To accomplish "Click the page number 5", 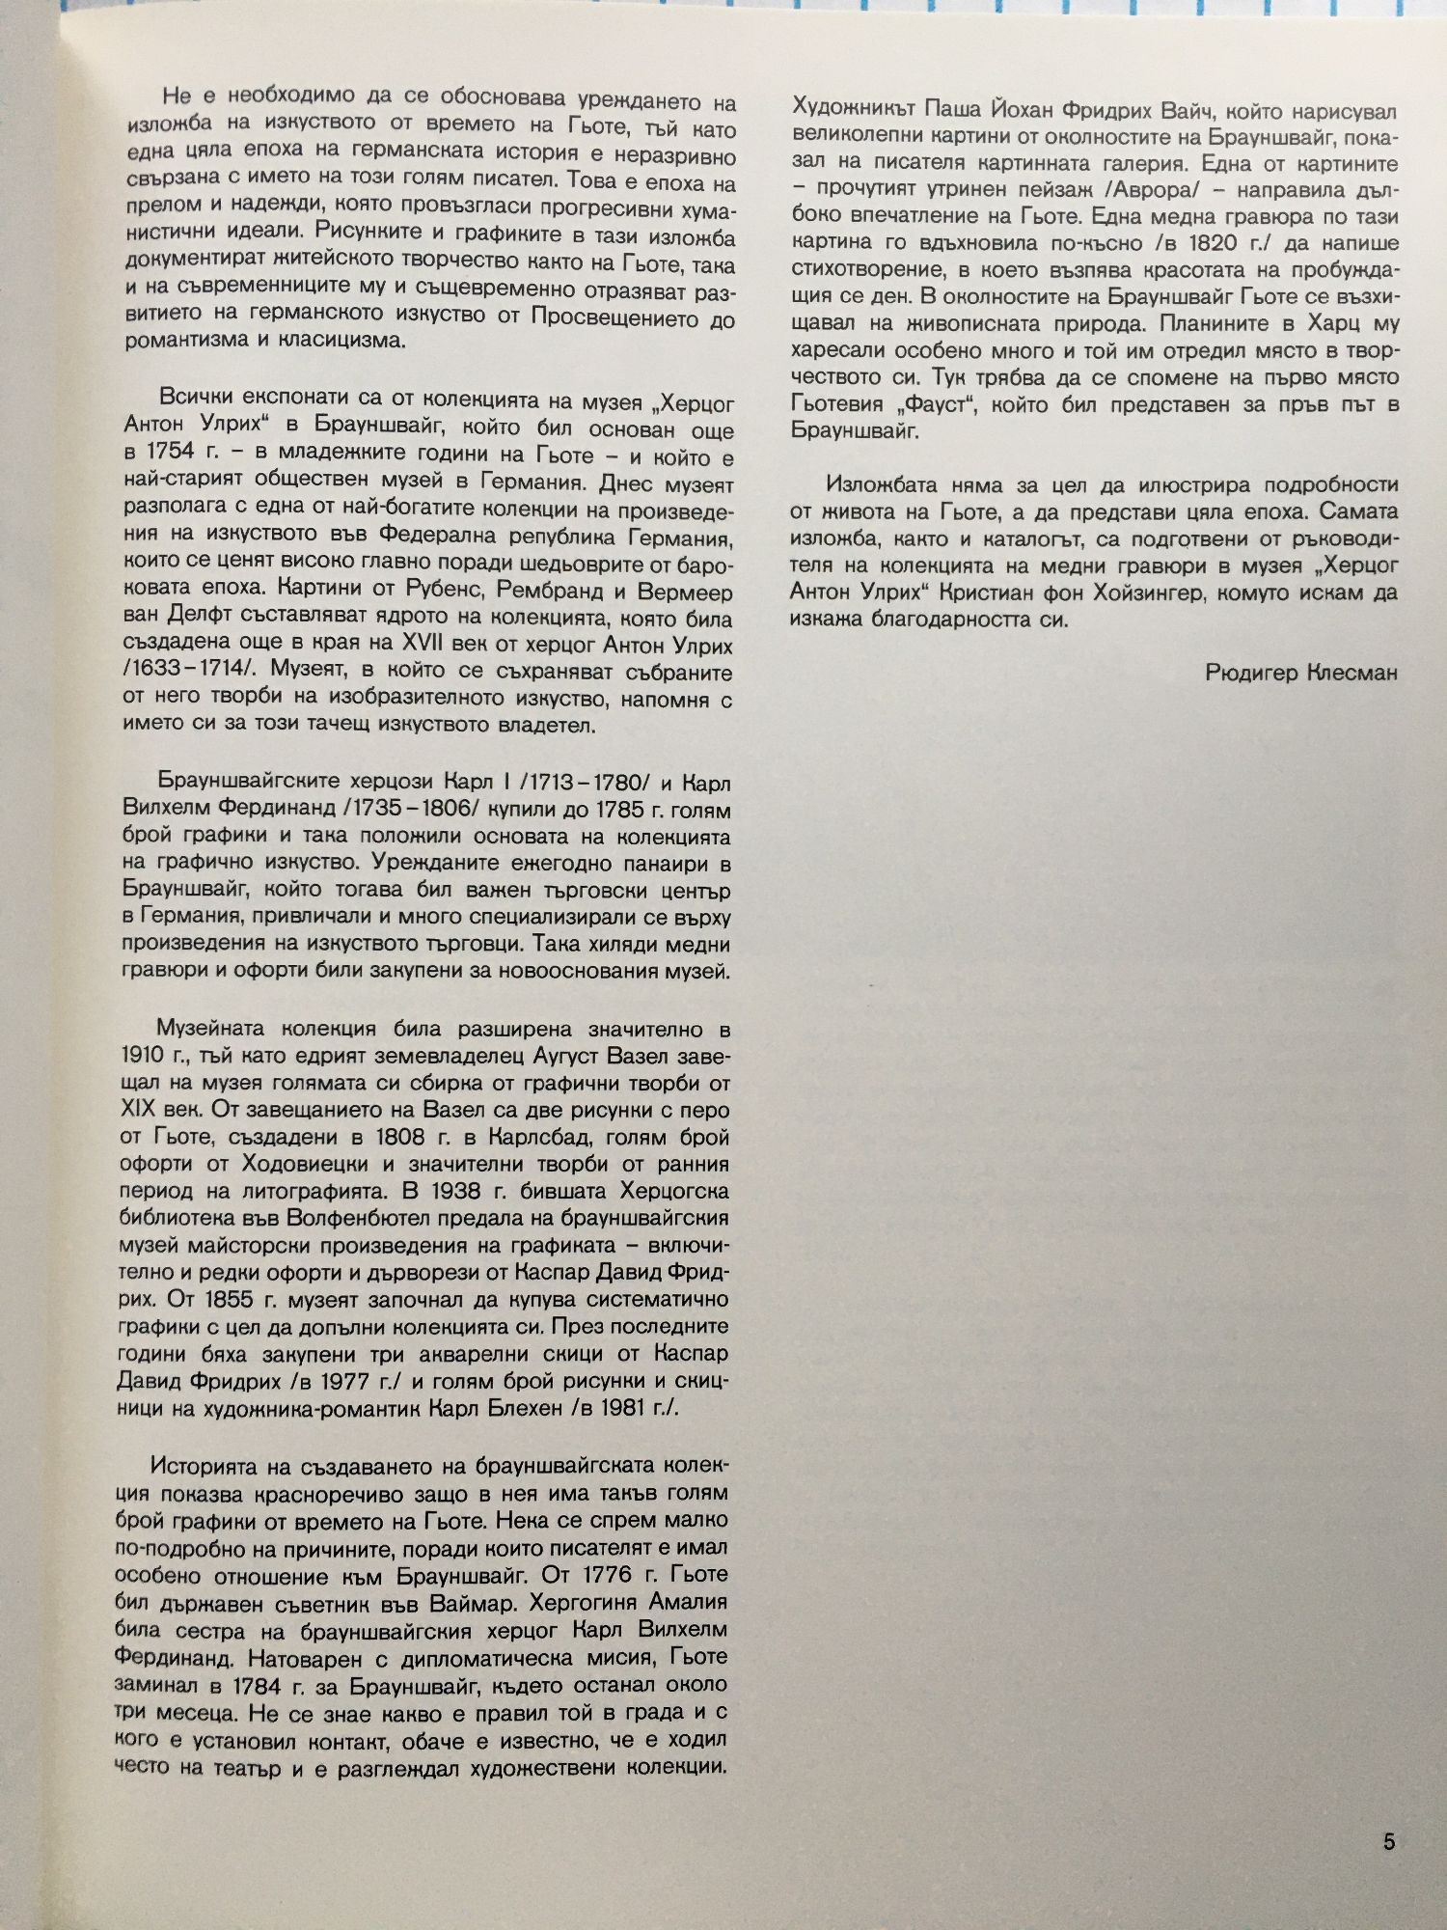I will (x=1388, y=1842).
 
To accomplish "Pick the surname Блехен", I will (x=517, y=1407).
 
